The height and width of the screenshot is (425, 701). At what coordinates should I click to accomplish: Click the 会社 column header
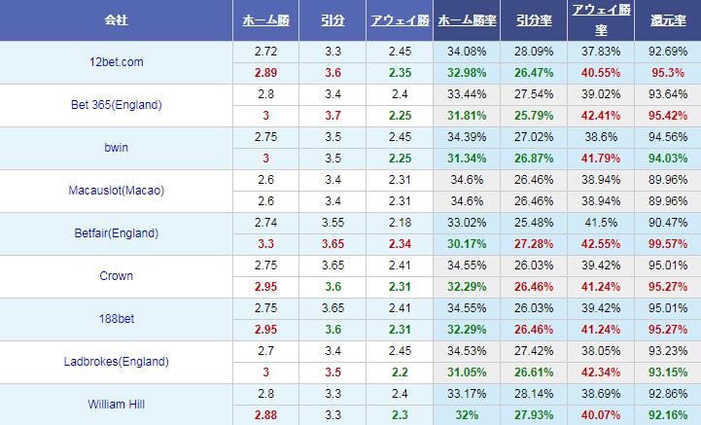(x=116, y=19)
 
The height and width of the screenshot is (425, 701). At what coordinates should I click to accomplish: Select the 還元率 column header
(x=667, y=19)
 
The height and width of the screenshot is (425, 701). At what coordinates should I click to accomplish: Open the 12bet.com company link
(x=116, y=62)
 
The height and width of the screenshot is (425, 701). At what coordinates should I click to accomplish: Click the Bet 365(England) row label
(x=116, y=105)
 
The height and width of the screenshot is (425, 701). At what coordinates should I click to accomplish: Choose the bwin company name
(x=116, y=148)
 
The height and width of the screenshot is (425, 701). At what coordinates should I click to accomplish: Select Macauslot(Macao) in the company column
(x=116, y=191)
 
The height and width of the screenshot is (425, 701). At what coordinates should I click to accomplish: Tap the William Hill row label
(x=116, y=404)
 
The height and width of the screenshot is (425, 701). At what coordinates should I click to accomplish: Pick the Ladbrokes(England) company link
(x=116, y=361)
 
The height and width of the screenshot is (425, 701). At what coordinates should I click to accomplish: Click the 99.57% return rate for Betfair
(x=667, y=244)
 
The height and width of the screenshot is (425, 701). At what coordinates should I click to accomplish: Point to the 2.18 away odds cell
(x=398, y=223)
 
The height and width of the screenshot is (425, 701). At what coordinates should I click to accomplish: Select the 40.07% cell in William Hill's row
(x=599, y=414)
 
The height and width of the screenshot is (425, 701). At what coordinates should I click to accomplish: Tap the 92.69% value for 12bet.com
(x=667, y=52)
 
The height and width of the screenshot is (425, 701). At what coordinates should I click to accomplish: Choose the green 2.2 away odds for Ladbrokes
(x=398, y=372)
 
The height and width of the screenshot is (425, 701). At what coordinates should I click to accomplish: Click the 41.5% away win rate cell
(x=599, y=223)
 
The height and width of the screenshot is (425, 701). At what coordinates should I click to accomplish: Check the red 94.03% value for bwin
(x=667, y=159)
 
